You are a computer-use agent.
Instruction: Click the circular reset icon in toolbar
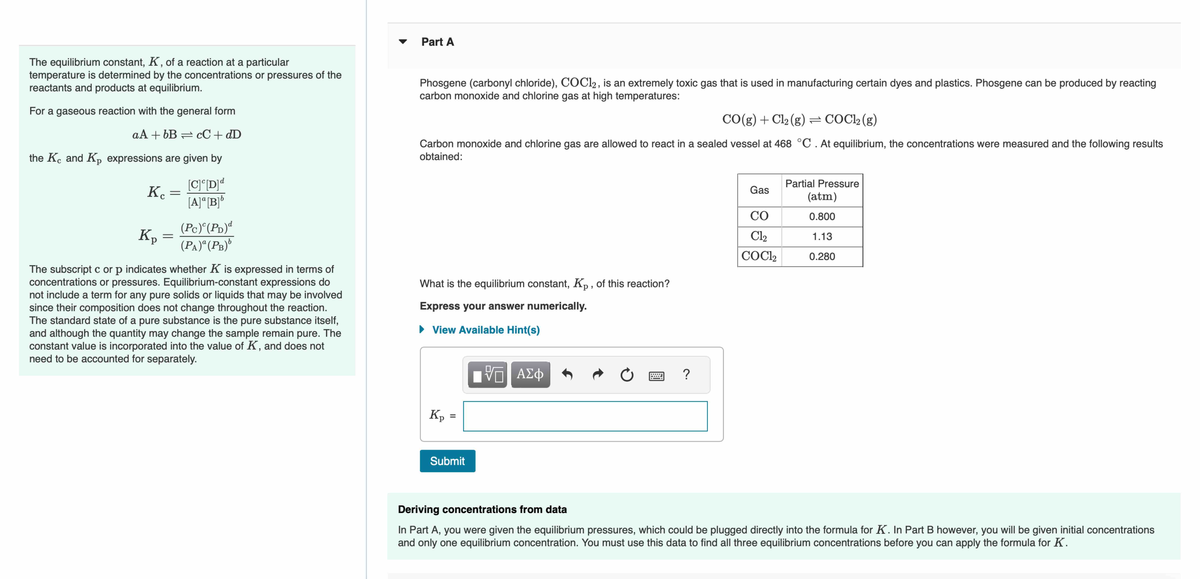627,375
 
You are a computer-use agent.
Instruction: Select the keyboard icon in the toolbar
656,376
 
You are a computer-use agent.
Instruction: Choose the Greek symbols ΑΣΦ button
530,374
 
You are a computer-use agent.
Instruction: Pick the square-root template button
487,374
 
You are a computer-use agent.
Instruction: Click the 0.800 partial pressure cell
822,217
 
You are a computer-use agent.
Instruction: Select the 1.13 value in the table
822,237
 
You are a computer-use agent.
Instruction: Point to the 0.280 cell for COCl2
822,257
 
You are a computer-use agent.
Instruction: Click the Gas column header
759,190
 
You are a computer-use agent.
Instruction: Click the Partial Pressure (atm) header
822,190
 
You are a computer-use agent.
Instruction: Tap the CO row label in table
759,216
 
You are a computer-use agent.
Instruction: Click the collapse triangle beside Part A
403,41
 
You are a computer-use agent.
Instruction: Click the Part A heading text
437,42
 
